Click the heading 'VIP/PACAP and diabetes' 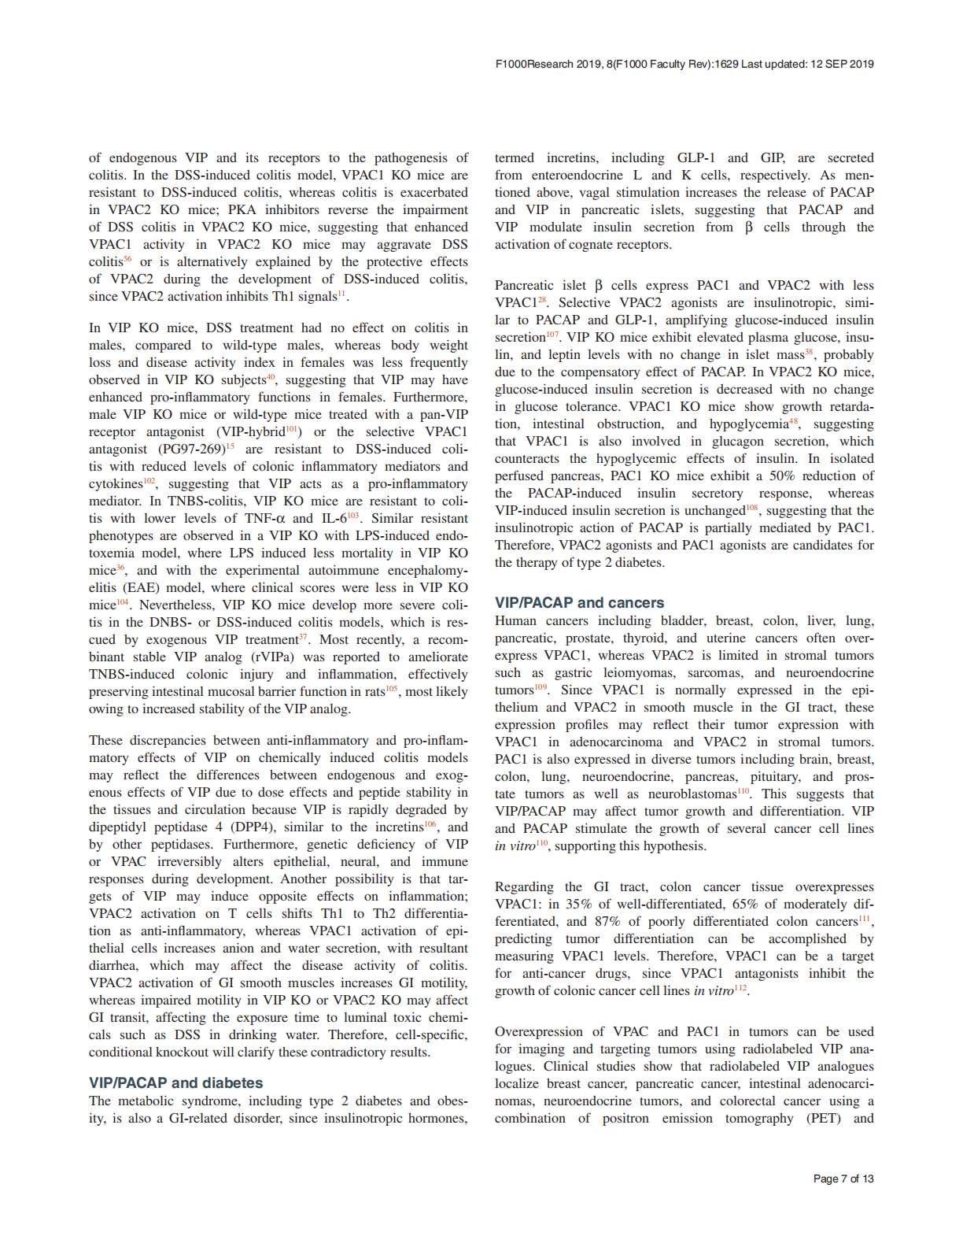(x=175, y=1082)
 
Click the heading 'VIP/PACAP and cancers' (x=579, y=602)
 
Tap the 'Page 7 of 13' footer (x=843, y=1179)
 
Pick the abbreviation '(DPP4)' (x=249, y=827)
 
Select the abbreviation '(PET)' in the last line (x=824, y=1118)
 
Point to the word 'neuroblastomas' (x=692, y=794)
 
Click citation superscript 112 (x=740, y=988)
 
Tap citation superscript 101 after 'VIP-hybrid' (x=292, y=429)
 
